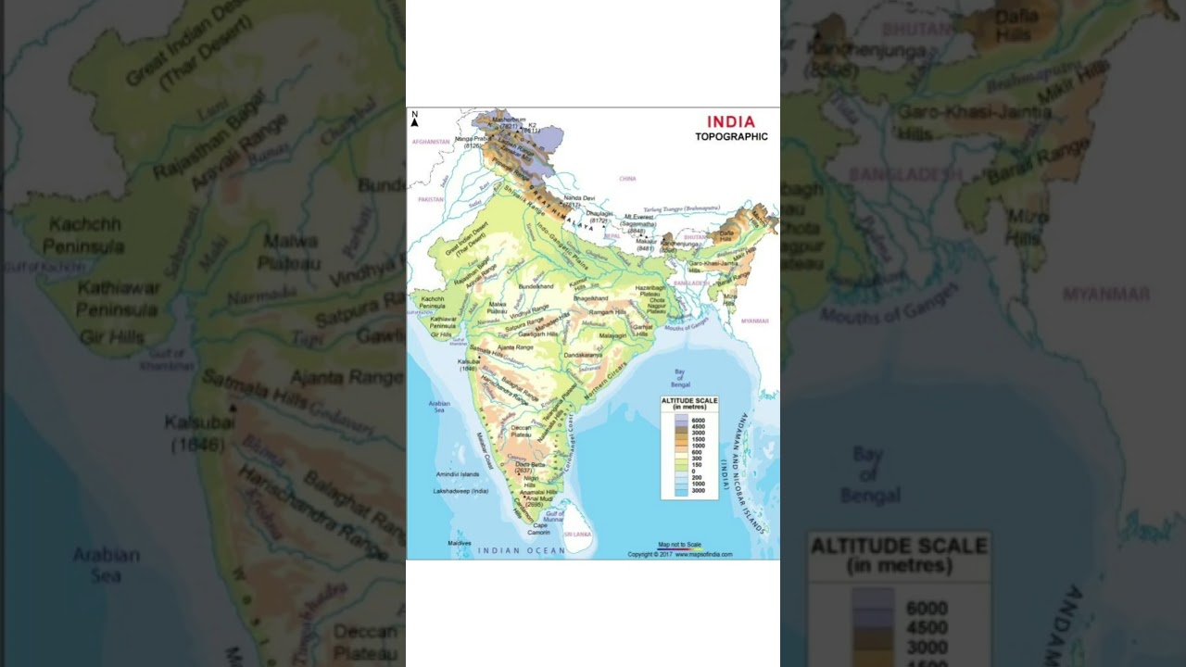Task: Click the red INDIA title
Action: click(731, 121)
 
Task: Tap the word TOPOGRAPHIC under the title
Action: click(731, 137)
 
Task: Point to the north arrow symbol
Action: click(415, 119)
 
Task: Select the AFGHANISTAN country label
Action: click(431, 142)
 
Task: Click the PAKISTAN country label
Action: click(431, 199)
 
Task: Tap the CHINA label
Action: click(628, 178)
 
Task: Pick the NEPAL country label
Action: click(612, 235)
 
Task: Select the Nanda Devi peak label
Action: click(579, 197)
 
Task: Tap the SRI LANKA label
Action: click(577, 535)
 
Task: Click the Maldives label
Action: click(459, 543)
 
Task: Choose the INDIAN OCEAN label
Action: click(521, 550)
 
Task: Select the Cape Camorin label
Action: click(540, 529)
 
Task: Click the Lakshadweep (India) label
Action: click(461, 491)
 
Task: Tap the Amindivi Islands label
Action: click(458, 474)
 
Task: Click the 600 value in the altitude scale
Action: click(698, 452)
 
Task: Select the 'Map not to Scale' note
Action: click(679, 545)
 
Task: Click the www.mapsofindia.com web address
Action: click(703, 554)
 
